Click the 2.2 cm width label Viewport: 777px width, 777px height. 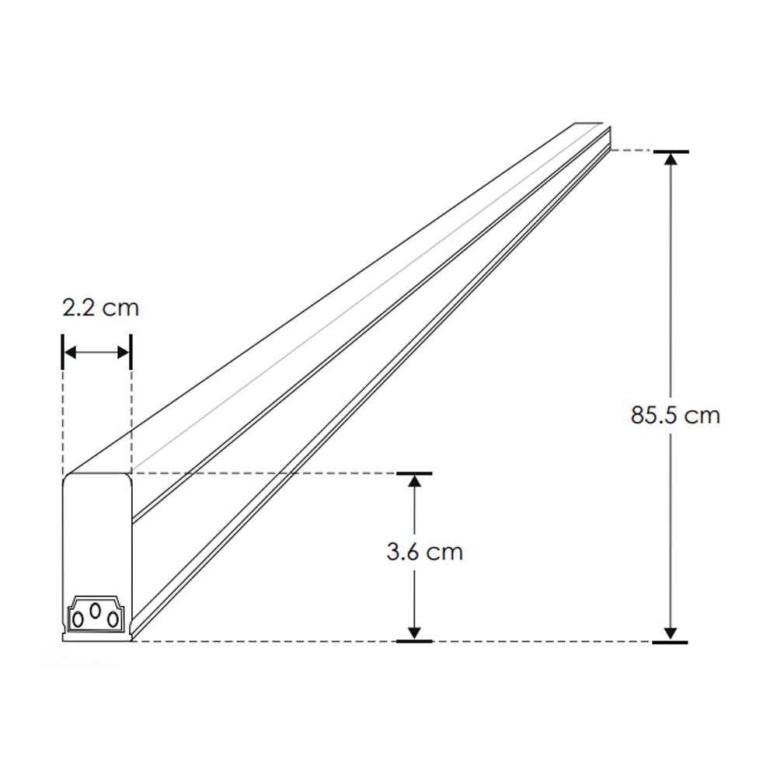100,308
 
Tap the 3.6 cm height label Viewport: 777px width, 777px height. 424,552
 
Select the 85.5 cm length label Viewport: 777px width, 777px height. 675,415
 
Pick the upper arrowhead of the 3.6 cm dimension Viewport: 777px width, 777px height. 415,482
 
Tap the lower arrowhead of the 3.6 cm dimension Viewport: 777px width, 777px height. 415,632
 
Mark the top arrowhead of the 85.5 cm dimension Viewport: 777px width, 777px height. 671,159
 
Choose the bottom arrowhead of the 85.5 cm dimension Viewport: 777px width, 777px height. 671,633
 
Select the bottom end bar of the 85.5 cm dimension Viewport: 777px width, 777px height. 671,642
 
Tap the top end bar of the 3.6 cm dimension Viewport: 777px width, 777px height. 415,472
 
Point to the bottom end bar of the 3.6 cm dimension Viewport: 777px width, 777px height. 415,641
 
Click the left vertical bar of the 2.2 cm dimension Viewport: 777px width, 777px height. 61,352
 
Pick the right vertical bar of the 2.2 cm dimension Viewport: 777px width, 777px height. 131,352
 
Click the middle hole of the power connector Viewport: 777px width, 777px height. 95,611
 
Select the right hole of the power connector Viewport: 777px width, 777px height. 112,618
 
